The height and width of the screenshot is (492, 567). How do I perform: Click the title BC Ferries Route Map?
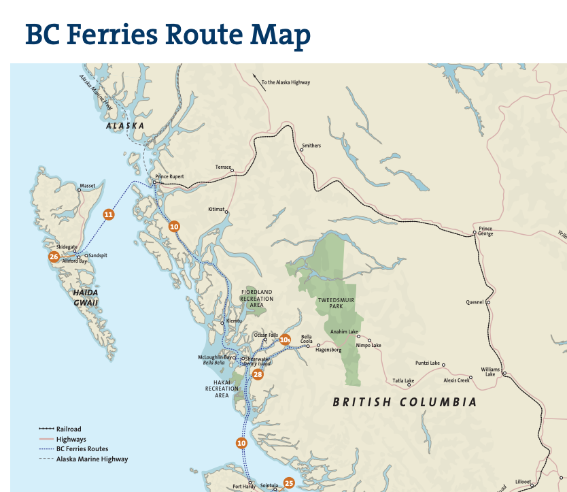(167, 35)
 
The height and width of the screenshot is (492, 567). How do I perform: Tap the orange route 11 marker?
(108, 214)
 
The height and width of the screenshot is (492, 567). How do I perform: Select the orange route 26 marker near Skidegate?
(54, 257)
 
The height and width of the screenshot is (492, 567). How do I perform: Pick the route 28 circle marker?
(258, 374)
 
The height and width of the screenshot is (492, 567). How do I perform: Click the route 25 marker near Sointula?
(289, 483)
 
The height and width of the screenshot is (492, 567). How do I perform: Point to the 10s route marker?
(286, 339)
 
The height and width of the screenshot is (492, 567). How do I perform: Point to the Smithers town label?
(311, 146)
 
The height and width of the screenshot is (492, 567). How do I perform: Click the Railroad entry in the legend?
(69, 429)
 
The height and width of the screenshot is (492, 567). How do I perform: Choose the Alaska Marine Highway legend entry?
(92, 459)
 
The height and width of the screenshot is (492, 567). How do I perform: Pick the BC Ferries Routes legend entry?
(82, 449)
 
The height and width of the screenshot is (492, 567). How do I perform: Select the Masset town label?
(87, 185)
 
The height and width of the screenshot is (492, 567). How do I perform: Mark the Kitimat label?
(216, 209)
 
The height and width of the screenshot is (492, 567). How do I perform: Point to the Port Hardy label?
(243, 487)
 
